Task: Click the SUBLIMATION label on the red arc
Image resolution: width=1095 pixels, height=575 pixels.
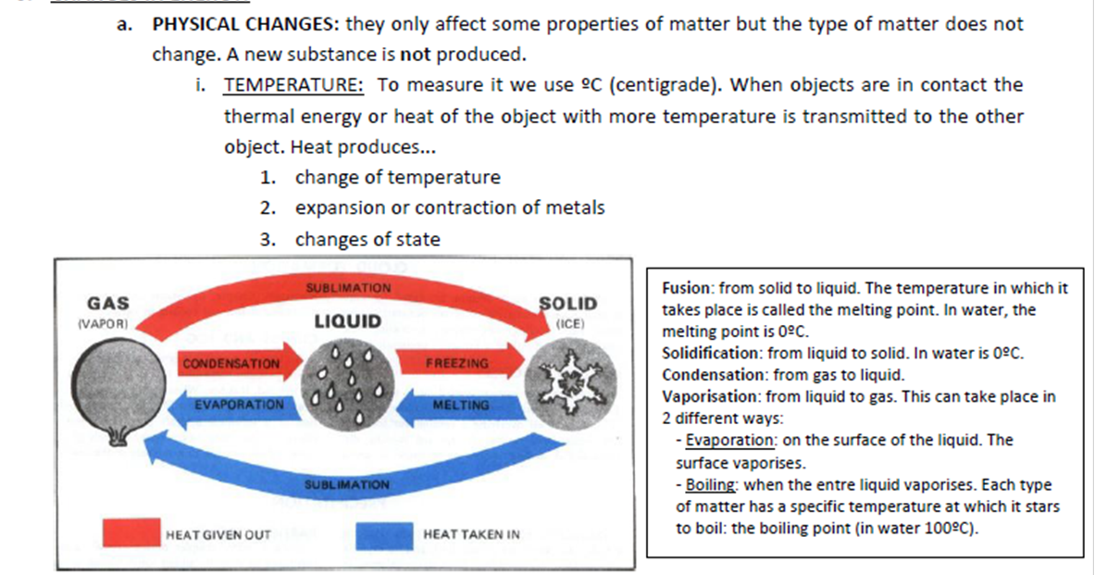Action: click(348, 288)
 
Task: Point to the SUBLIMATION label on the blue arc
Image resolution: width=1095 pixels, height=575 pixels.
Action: click(347, 484)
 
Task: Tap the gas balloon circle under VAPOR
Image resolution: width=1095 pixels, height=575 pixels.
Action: click(109, 388)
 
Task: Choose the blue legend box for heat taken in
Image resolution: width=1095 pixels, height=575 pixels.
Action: click(384, 534)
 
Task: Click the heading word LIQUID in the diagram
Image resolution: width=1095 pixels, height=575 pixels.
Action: click(347, 321)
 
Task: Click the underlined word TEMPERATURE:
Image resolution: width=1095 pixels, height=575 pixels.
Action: click(293, 85)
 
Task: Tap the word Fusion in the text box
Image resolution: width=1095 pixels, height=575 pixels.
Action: click(687, 288)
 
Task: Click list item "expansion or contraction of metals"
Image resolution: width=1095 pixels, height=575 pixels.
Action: click(450, 207)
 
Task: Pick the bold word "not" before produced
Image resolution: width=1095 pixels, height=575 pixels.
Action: click(416, 54)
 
